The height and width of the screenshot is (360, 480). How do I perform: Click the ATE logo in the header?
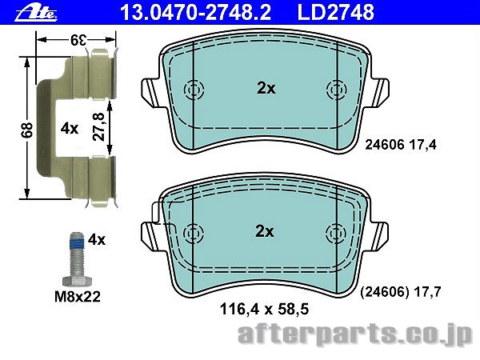(x=36, y=13)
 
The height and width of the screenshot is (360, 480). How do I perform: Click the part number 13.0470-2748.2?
(x=195, y=12)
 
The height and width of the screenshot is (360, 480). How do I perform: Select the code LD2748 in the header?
(x=336, y=12)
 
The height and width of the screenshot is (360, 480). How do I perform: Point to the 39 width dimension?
(x=78, y=40)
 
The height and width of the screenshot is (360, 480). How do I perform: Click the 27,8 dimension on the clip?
(x=98, y=126)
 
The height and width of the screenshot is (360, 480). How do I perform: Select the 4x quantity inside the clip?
(x=70, y=128)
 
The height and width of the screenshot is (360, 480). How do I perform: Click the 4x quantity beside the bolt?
(x=97, y=240)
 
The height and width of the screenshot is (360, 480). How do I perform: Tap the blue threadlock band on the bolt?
(x=77, y=244)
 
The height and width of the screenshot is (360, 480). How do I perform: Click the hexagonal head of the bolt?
(x=77, y=281)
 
